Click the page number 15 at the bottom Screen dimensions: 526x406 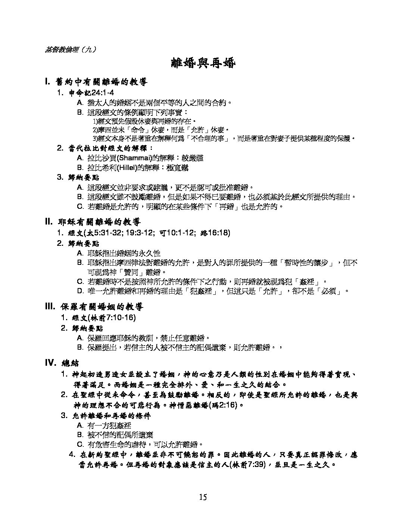pyautogui.click(x=203, y=497)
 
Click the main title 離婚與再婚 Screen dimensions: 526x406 pyautogui.click(x=203, y=63)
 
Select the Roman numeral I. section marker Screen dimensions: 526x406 pyautogui.click(x=47, y=81)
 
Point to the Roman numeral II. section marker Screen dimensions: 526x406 pyautogui.click(x=49, y=222)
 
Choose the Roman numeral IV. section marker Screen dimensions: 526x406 pyautogui.click(x=50, y=363)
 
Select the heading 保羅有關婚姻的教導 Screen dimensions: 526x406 pyautogui.click(x=101, y=307)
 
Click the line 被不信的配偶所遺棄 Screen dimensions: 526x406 pyautogui.click(x=120, y=435)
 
